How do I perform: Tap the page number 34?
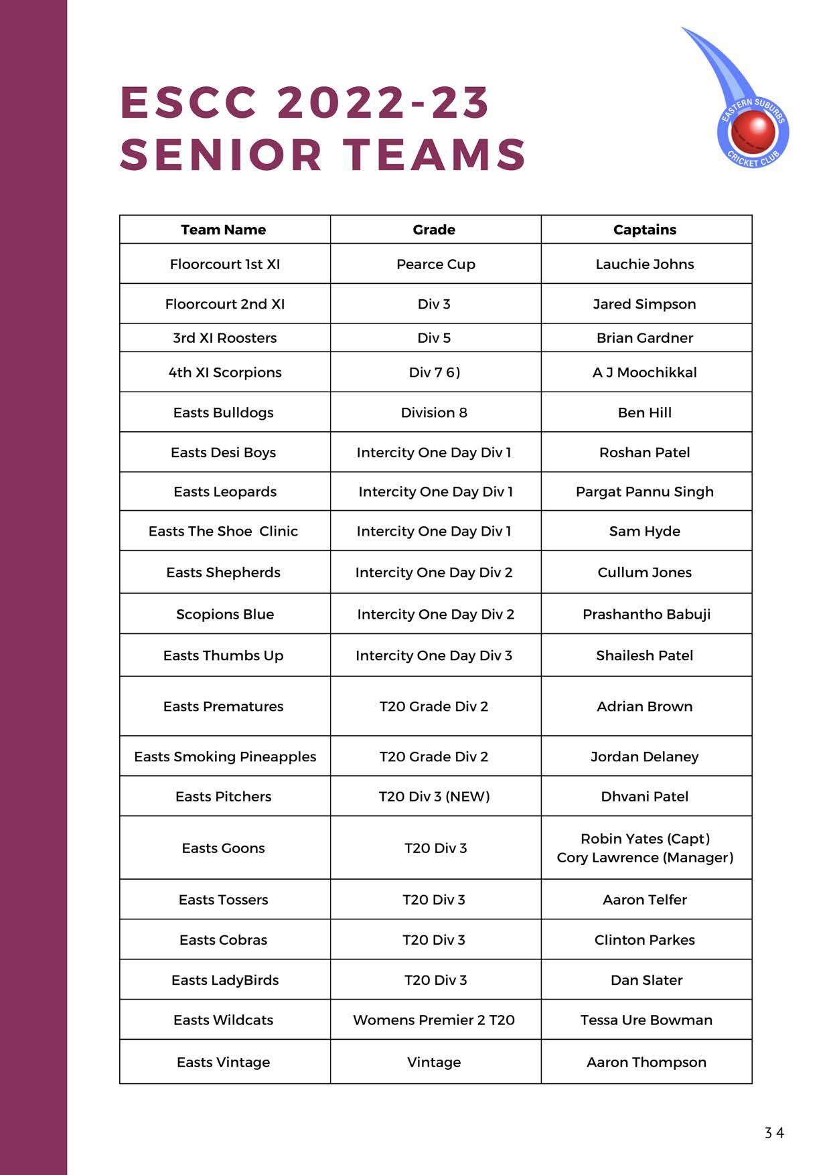click(774, 1133)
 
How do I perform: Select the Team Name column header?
click(223, 230)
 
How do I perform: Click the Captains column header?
click(644, 230)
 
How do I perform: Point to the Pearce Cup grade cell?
click(435, 264)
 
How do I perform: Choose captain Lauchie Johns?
click(644, 264)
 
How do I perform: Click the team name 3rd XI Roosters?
click(224, 338)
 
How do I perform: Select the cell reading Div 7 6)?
click(434, 372)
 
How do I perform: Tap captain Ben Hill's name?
click(644, 412)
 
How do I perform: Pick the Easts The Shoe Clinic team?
click(223, 531)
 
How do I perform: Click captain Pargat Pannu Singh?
click(644, 491)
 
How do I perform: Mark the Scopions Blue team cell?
click(224, 614)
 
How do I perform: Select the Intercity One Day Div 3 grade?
click(433, 655)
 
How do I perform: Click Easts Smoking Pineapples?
click(224, 757)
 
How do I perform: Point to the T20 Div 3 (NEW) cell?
click(434, 797)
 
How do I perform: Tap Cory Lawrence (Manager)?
click(644, 858)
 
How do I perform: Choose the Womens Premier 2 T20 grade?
click(433, 1020)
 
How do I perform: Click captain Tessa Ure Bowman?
click(646, 1020)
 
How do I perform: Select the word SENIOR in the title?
click(221, 155)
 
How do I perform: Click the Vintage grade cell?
click(433, 1063)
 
